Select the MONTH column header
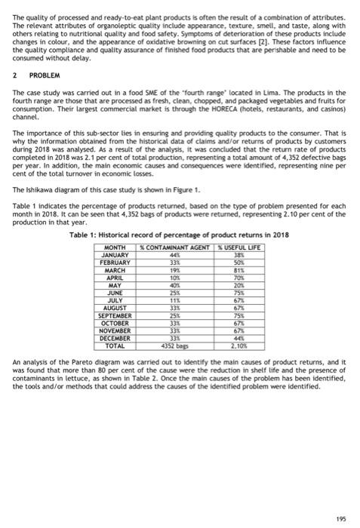coord(117,248)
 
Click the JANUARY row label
coord(117,255)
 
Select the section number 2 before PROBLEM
coord(17,75)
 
